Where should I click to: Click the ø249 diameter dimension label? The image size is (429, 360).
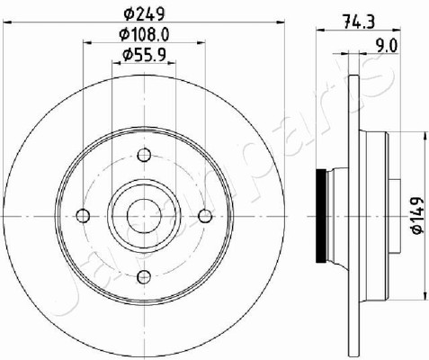(x=145, y=13)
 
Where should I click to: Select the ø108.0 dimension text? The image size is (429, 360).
(x=144, y=34)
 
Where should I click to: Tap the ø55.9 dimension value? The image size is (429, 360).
(x=144, y=55)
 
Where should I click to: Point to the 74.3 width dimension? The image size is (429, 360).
(x=359, y=22)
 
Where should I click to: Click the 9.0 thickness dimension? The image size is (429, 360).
(x=388, y=47)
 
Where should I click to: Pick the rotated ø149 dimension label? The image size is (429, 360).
(x=417, y=215)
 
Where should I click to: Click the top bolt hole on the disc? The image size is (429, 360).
(x=144, y=155)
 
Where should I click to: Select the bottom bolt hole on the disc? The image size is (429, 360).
(x=144, y=276)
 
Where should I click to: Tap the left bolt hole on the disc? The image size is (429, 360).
(x=83, y=216)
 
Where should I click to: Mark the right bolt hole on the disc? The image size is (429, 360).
(x=205, y=216)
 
